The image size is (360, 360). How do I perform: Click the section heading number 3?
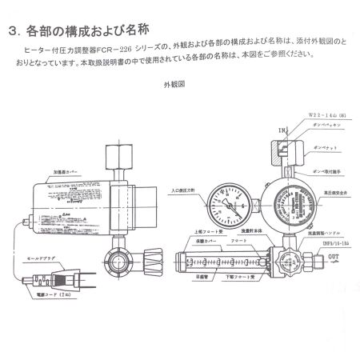click(13, 33)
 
